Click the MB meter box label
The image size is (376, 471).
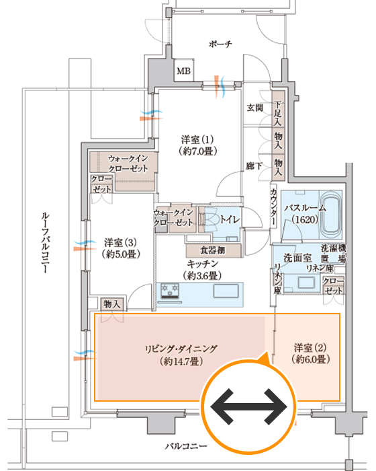tap(183, 71)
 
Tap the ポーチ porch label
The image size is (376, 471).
tap(220, 44)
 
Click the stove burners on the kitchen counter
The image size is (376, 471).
tap(170, 291)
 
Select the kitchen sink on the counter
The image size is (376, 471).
tap(226, 291)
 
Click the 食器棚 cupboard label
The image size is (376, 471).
tap(213, 250)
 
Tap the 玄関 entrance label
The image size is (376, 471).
tap(255, 107)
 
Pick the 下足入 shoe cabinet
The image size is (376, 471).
tap(278, 108)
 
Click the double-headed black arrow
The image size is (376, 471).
tap(249, 406)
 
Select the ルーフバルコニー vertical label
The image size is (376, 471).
tap(45, 242)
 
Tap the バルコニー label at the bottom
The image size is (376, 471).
tap(186, 446)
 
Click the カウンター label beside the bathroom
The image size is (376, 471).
tap(273, 207)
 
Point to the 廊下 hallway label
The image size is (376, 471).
tap(254, 166)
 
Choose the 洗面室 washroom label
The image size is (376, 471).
tap(297, 258)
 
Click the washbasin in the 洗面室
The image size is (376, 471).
tap(306, 283)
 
